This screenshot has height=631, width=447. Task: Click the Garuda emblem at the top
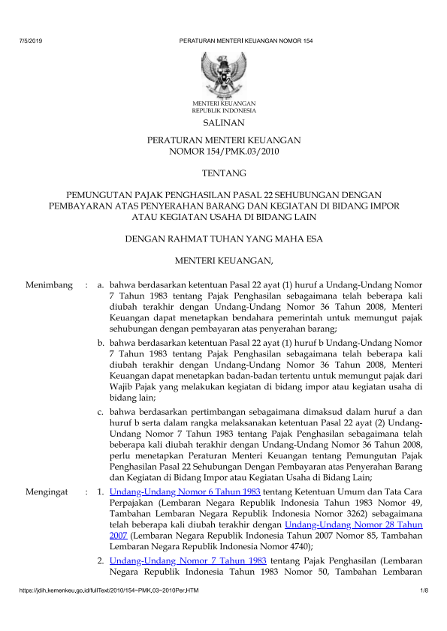pyautogui.click(x=223, y=72)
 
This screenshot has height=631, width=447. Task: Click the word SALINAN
pyautogui.click(x=223, y=121)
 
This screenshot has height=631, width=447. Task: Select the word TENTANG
pyautogui.click(x=223, y=173)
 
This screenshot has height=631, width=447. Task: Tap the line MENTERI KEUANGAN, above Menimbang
pyautogui.click(x=223, y=260)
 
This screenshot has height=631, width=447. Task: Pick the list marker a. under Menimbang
pyautogui.click(x=101, y=285)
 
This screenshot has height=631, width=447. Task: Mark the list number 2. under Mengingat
pyautogui.click(x=101, y=560)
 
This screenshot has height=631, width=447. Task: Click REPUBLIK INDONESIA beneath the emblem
pyautogui.click(x=223, y=110)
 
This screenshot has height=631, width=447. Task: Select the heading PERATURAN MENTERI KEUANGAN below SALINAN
pyautogui.click(x=223, y=140)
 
